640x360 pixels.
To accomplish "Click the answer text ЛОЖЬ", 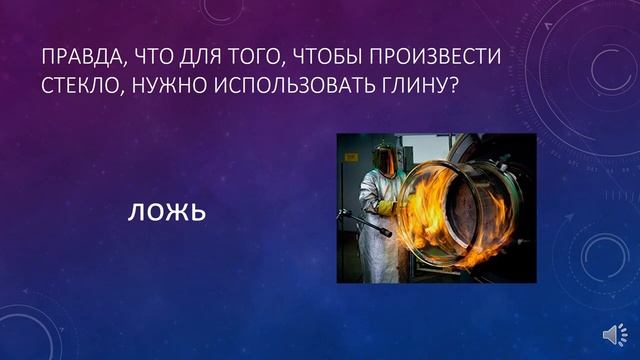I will pos(166,212).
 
